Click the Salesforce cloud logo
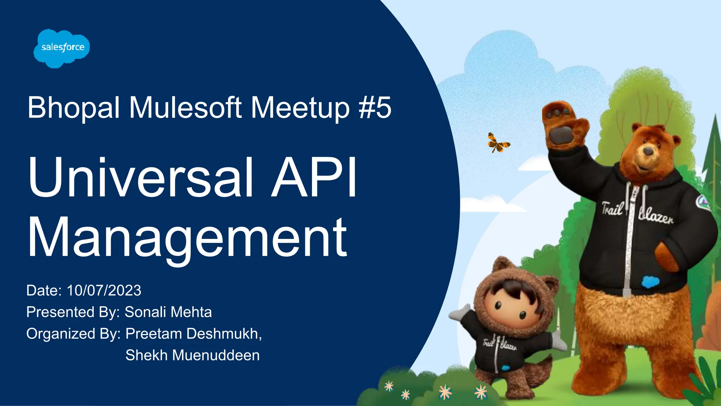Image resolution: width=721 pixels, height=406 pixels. pos(62,48)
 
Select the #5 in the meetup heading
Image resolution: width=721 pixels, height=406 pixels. pos(375,107)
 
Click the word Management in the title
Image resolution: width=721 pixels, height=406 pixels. pos(187,238)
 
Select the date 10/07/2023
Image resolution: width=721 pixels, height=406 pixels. pos(104,291)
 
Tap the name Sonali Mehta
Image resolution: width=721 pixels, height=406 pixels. pos(168,312)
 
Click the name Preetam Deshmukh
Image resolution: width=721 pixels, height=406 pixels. pos(193,334)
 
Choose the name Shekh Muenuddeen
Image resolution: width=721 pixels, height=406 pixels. pos(193,355)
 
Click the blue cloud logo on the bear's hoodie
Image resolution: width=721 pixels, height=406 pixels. pos(650,282)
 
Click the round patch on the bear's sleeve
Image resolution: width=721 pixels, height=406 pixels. pos(703,203)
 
